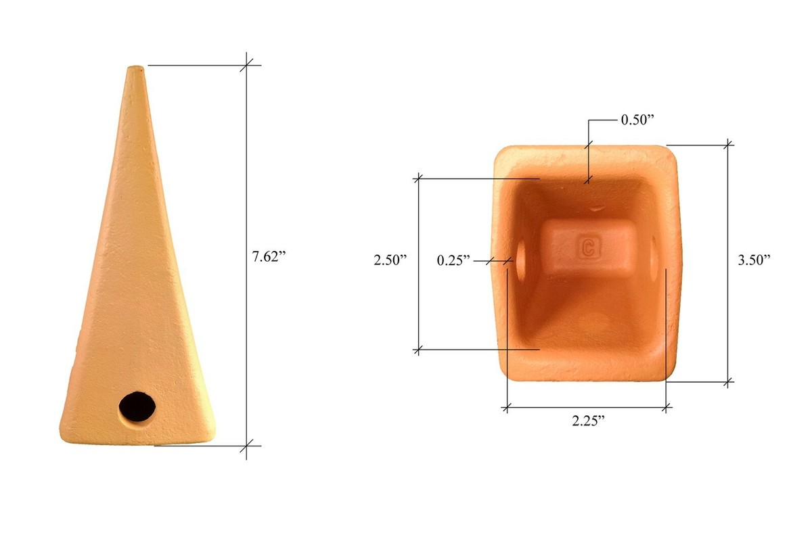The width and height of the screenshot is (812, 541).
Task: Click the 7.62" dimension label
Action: (x=269, y=256)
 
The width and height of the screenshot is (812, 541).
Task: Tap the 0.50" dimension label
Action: (x=637, y=120)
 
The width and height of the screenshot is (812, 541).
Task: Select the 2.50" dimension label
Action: (x=390, y=260)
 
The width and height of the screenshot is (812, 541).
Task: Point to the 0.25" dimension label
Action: (x=453, y=260)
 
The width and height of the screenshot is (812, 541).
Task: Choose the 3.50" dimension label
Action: (x=754, y=260)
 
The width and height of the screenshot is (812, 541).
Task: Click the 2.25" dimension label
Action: (x=588, y=421)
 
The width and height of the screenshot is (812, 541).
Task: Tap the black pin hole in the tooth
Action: (x=137, y=406)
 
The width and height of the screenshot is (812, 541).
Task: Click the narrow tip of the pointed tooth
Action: (x=136, y=68)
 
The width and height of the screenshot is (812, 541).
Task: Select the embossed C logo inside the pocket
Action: (x=589, y=248)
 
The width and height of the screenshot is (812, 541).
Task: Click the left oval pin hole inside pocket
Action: (x=521, y=260)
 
